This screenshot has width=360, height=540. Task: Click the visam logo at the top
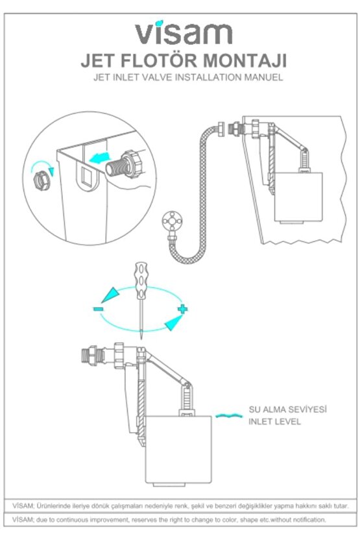(x=183, y=33)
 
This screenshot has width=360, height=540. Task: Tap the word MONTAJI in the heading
(x=245, y=60)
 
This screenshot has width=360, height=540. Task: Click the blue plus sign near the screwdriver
(x=183, y=308)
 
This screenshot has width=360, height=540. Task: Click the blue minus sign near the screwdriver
(x=98, y=309)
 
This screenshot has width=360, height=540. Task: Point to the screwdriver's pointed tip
(x=141, y=339)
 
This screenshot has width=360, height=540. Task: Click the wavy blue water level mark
(x=228, y=415)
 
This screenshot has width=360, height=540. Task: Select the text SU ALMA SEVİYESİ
(x=288, y=410)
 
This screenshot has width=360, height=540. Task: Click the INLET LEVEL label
(x=274, y=421)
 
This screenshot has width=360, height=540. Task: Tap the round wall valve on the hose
(x=171, y=220)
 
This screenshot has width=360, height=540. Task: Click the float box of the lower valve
(x=178, y=449)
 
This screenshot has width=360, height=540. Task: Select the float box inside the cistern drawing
(x=298, y=196)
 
